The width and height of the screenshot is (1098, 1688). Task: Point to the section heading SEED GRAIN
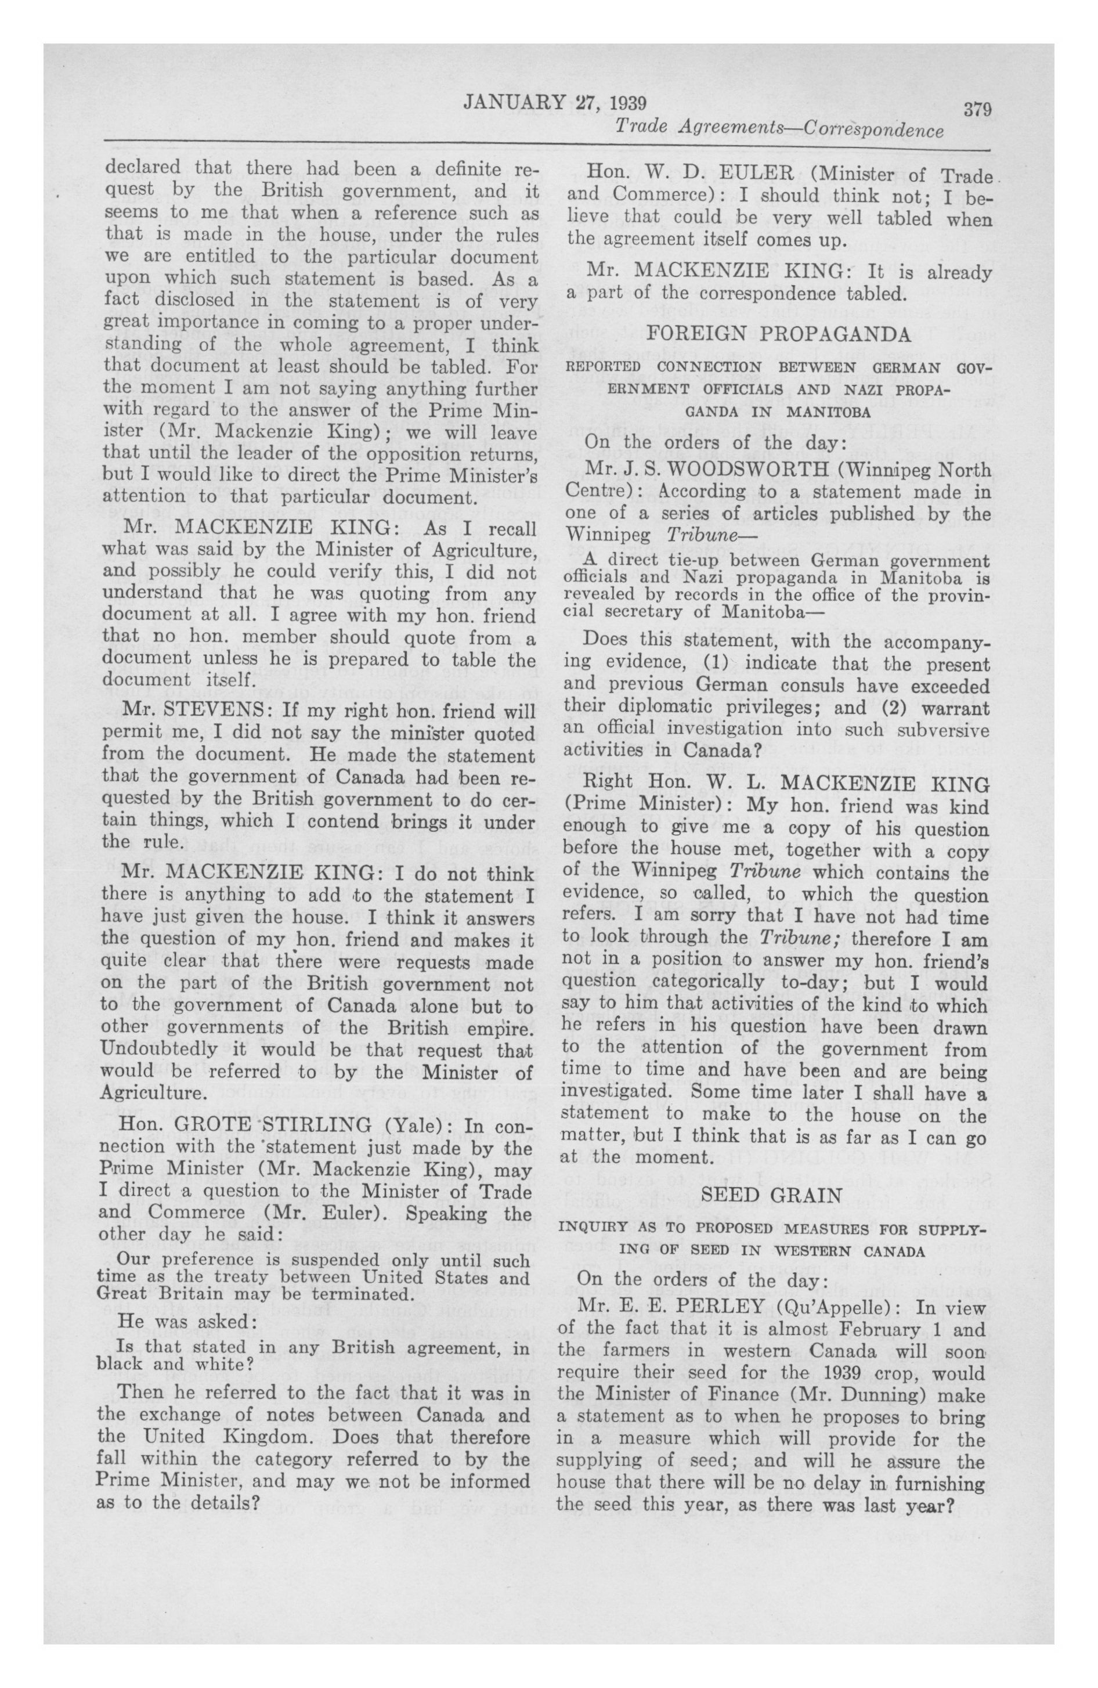(772, 1195)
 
